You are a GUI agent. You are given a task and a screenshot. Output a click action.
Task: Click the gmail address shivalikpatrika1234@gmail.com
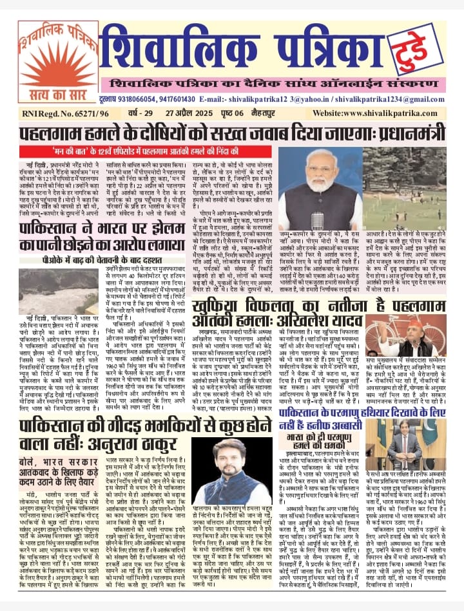[400, 98]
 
